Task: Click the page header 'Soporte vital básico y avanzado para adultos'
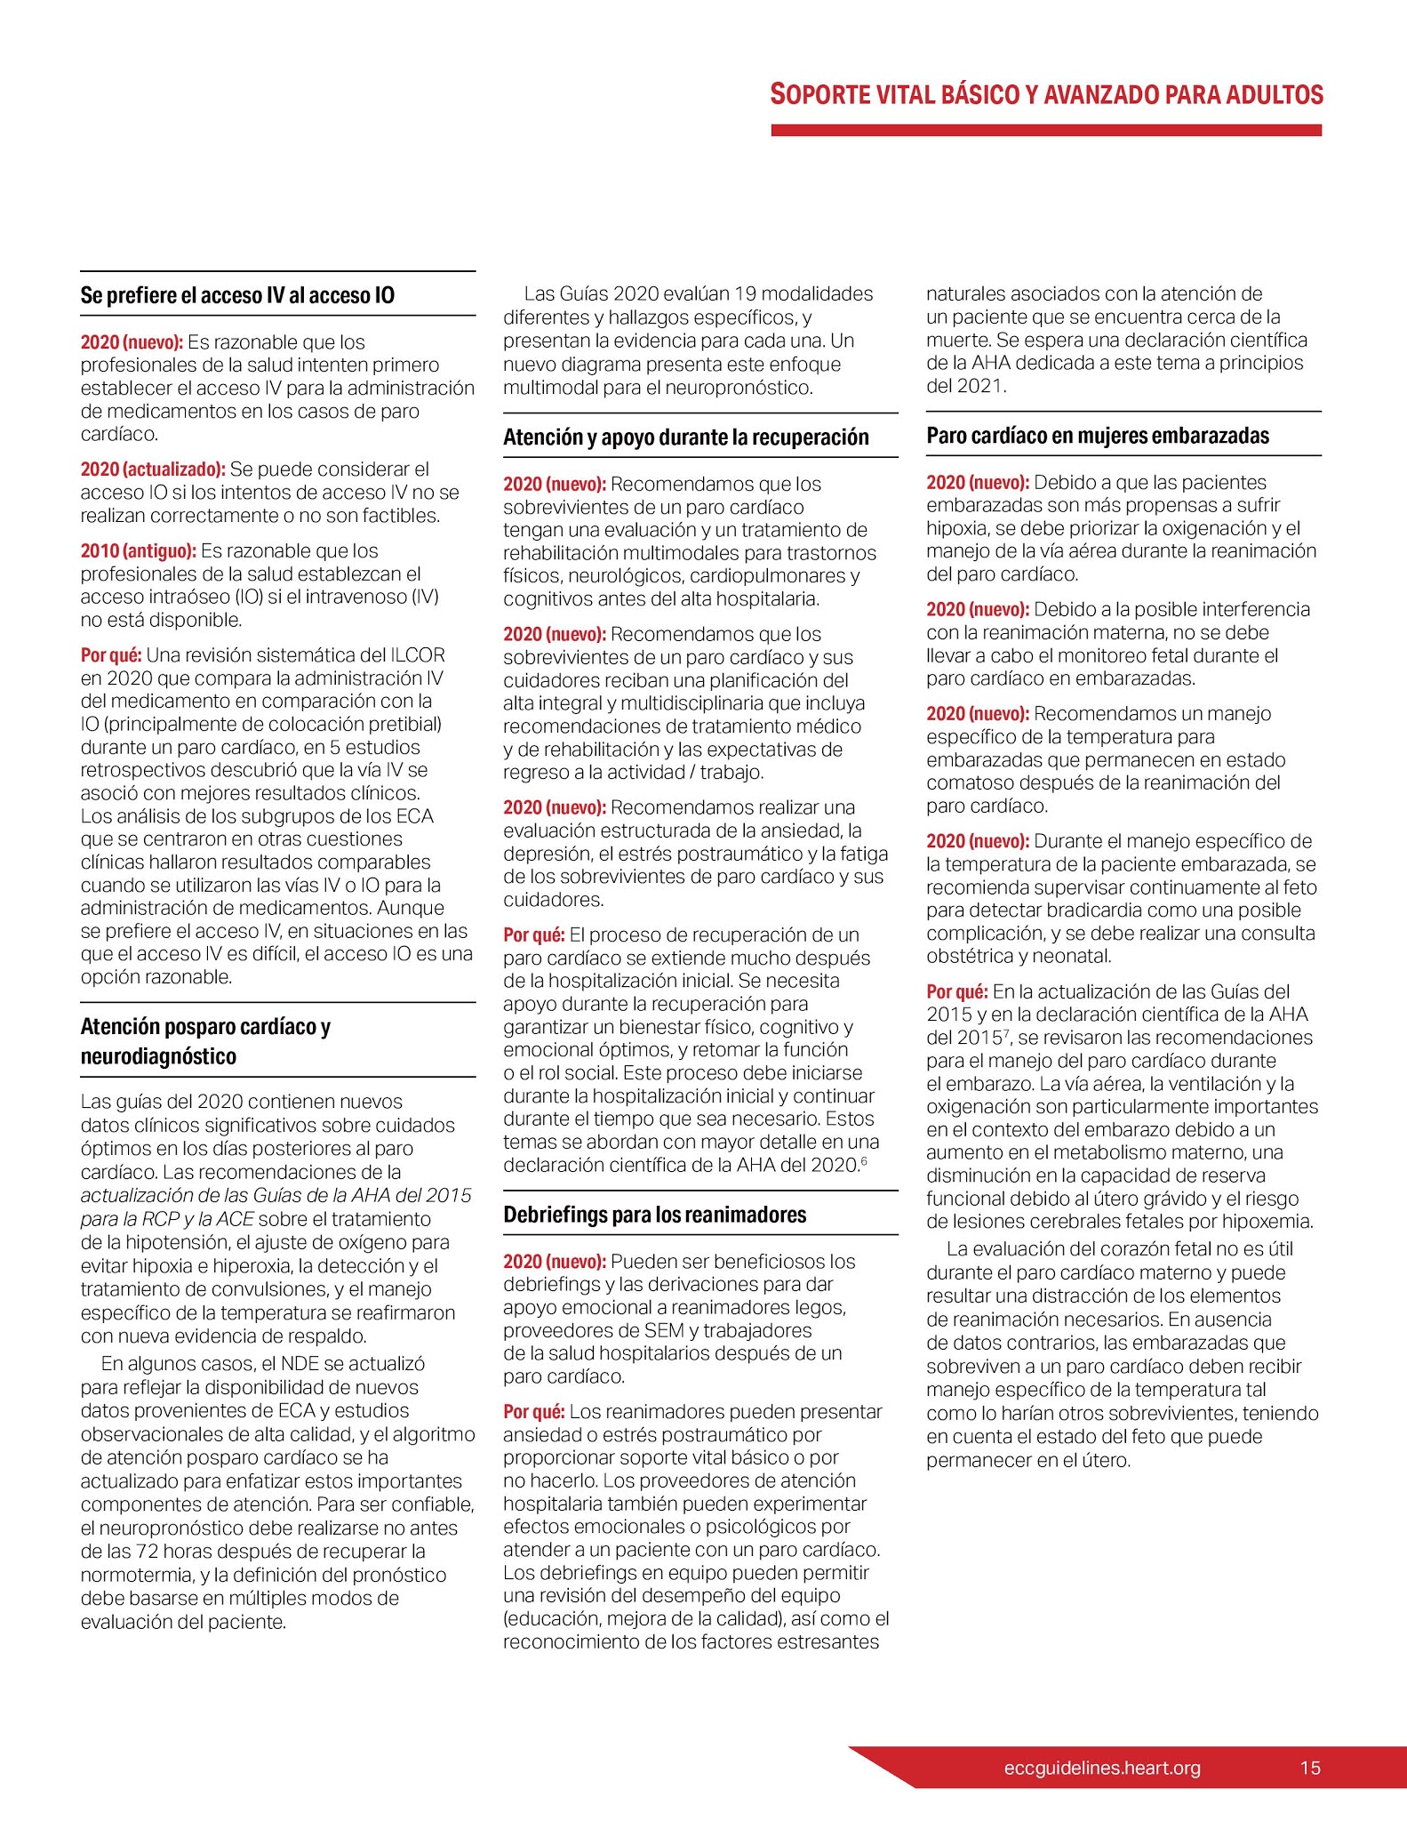point(1046,95)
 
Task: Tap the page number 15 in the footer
point(1309,1768)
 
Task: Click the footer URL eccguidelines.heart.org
point(1101,1768)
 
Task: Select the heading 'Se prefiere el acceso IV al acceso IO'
point(237,295)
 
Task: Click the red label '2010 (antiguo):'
point(138,551)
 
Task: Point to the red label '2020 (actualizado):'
point(153,469)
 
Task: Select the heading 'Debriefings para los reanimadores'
point(654,1215)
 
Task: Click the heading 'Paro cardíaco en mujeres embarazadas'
point(1098,436)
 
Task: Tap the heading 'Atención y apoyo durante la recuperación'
point(685,437)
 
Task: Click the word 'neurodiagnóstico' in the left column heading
point(158,1056)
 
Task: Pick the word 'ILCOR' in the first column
point(418,655)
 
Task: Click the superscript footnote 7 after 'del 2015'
point(1009,1032)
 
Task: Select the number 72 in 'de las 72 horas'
point(148,1552)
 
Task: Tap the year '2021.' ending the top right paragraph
point(981,386)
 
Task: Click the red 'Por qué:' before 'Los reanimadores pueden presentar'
point(533,1412)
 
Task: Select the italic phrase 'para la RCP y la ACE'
point(166,1219)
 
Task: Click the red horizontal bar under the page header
point(1046,131)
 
